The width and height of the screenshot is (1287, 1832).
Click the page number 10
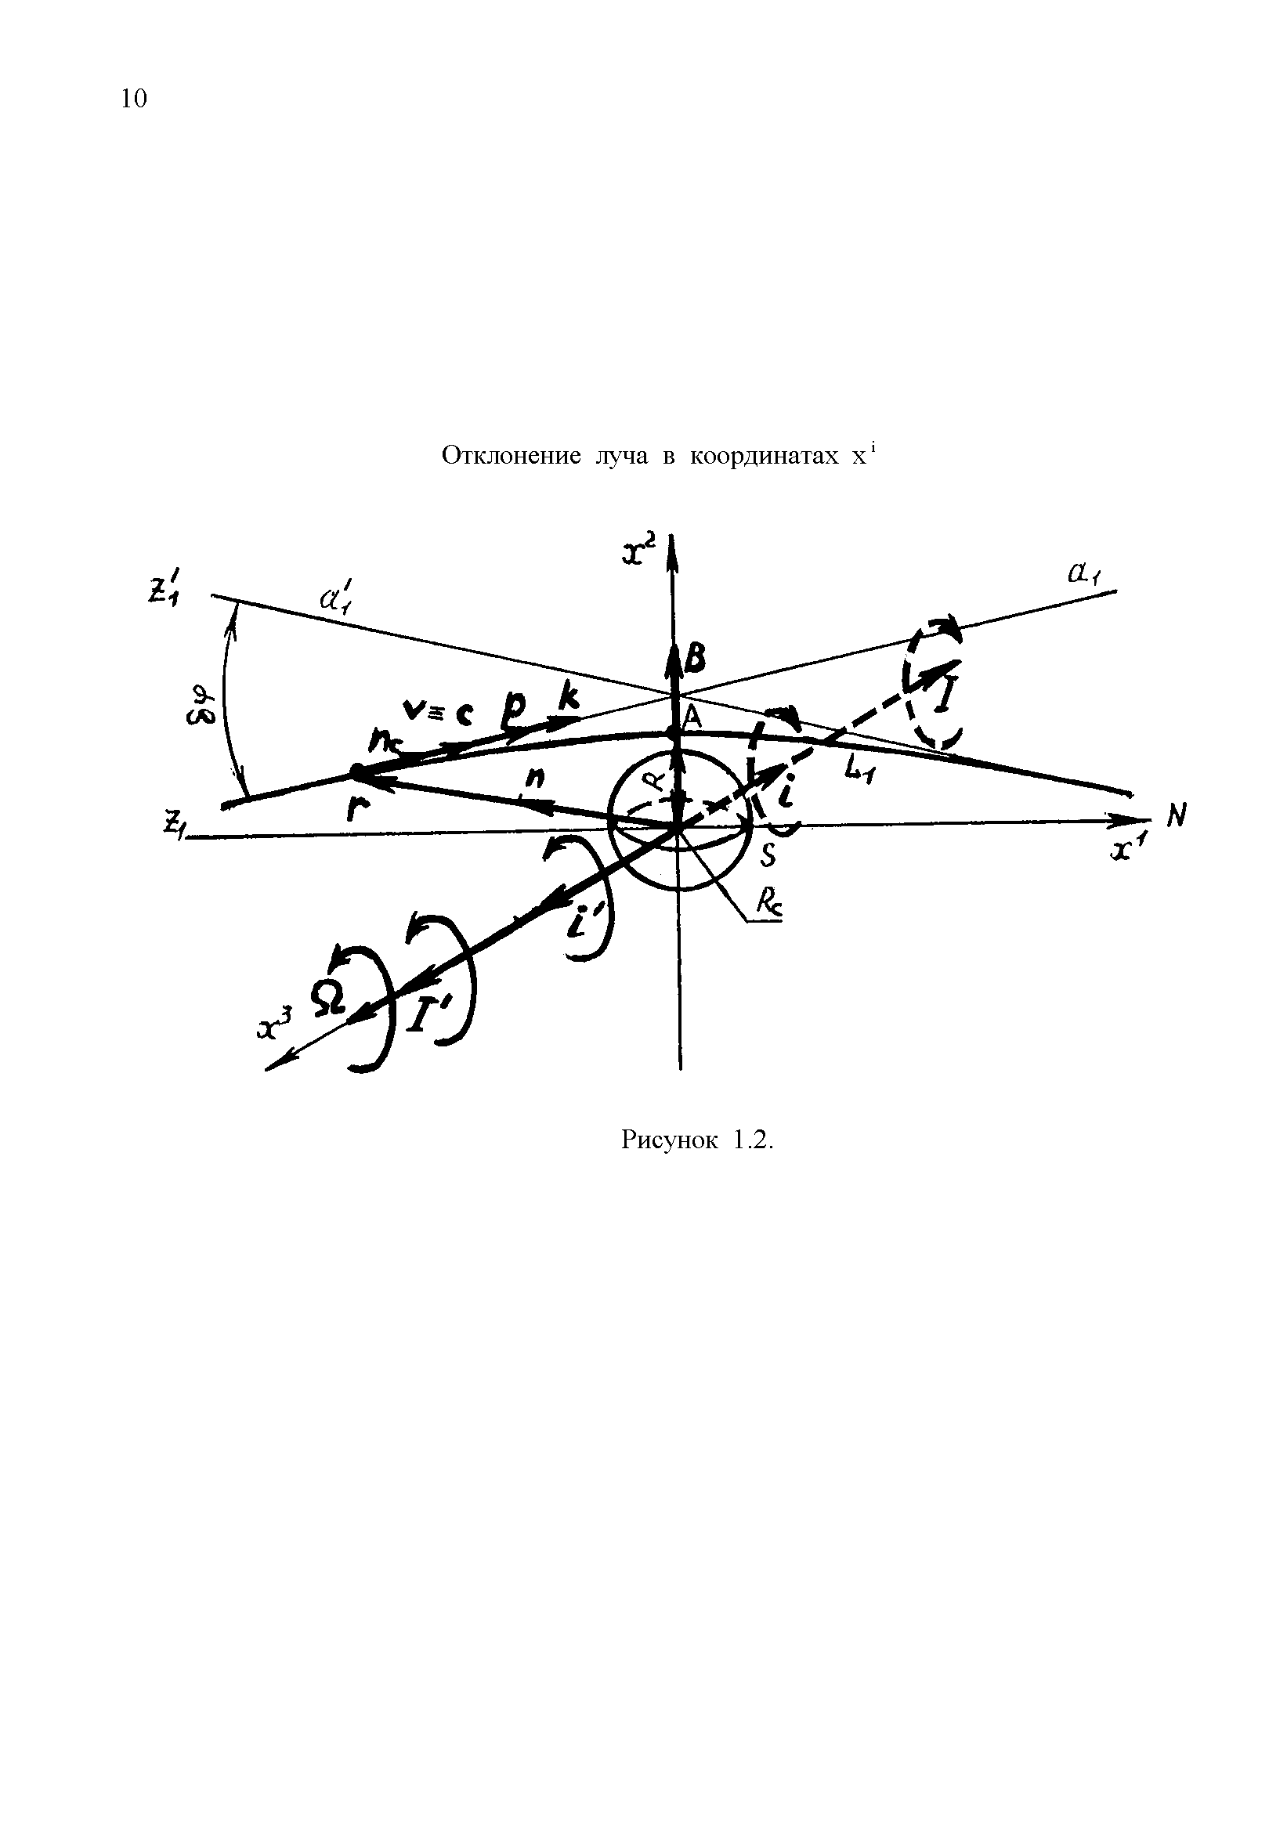134,99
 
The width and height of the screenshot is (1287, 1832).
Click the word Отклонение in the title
511,457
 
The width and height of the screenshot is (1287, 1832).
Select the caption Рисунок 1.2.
697,1140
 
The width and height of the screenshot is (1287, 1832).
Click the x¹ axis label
1124,851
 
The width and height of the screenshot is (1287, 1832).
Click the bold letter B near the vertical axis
695,659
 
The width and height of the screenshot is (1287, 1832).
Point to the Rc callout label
768,907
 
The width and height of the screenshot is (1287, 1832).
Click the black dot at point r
356,771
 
